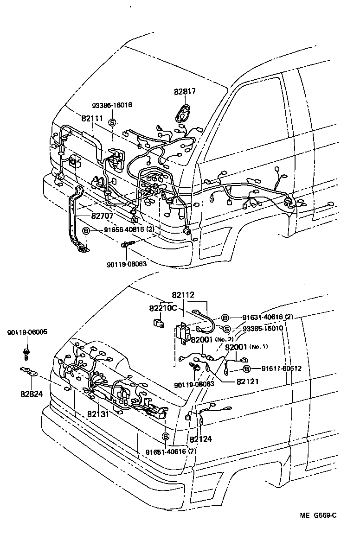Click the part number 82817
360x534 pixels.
[x=185, y=91]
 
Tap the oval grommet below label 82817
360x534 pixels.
[x=184, y=113]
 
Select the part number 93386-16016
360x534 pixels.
[x=112, y=105]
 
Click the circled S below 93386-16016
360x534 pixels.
[x=112, y=122]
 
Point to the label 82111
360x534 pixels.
[x=92, y=119]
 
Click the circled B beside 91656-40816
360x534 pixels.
[x=86, y=230]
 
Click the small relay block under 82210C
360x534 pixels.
[x=158, y=321]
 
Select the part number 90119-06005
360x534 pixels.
[x=27, y=332]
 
